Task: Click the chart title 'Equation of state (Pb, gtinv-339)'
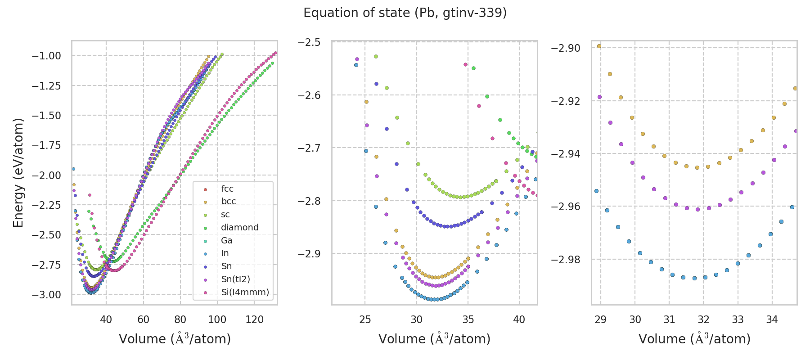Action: click(405, 13)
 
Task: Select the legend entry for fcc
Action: click(227, 189)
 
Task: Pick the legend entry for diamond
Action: click(239, 228)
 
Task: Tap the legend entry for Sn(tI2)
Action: click(235, 279)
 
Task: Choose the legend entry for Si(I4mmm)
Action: click(245, 292)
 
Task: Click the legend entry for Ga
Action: click(226, 241)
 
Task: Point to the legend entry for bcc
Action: click(229, 202)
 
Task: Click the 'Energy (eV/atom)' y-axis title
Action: click(18, 173)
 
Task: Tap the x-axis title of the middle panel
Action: click(434, 339)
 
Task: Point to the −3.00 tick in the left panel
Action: click(46, 295)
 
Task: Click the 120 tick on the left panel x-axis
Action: click(255, 319)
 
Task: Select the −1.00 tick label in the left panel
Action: click(46, 56)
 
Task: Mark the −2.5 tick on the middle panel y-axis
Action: click(309, 42)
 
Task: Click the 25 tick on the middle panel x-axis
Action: click(365, 319)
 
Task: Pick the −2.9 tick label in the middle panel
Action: click(309, 254)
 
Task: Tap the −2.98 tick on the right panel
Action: click(566, 260)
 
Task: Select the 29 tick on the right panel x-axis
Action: click(601, 319)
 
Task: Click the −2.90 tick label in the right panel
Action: click(566, 48)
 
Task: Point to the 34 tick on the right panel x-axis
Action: click(772, 319)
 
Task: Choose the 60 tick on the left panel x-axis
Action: click(143, 319)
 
